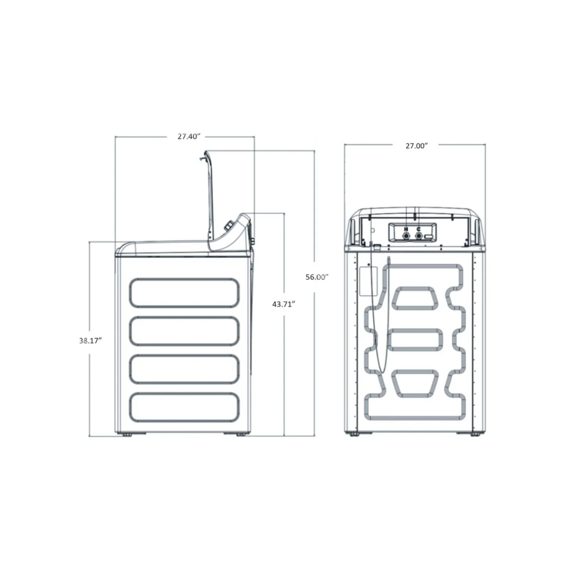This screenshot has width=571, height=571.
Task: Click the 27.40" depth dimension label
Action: point(189,136)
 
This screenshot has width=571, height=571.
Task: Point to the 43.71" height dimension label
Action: point(284,304)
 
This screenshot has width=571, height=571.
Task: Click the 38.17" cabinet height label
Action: point(91,341)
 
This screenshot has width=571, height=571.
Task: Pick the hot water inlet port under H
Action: point(405,236)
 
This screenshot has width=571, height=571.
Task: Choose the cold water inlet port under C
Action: point(418,236)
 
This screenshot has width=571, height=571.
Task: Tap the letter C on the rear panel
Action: point(418,229)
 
